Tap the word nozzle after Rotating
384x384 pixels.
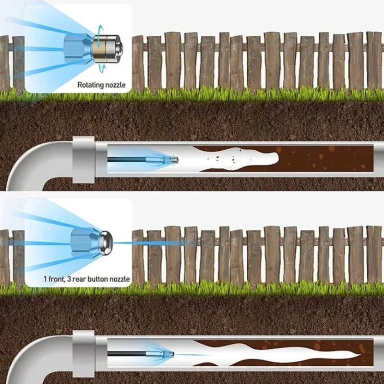click(x=116, y=85)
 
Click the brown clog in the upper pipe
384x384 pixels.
click(x=326, y=158)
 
